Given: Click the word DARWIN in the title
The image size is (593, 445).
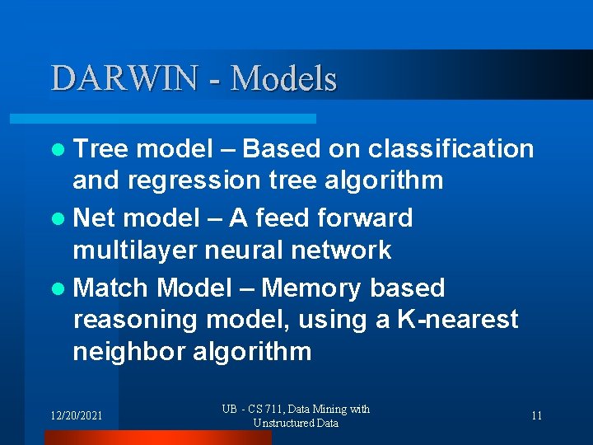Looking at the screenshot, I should [124, 78].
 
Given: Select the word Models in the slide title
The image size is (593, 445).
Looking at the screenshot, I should [284, 78].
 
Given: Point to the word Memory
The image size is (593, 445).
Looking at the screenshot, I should [311, 288].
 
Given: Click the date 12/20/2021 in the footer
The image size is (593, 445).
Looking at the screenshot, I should [75, 415].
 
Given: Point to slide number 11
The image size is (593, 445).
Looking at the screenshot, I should [536, 415].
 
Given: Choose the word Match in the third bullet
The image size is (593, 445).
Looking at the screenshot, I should [110, 288].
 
